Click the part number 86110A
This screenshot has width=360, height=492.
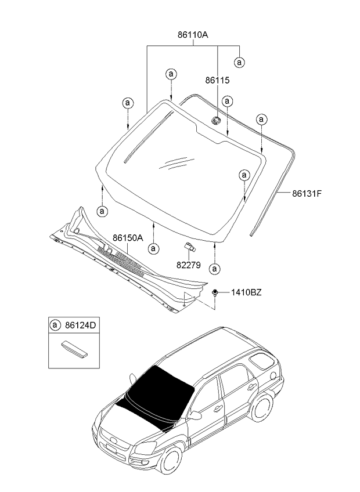pyautogui.click(x=193, y=35)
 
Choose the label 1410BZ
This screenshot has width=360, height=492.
pyautogui.click(x=246, y=292)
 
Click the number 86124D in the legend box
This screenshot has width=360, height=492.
pyautogui.click(x=81, y=326)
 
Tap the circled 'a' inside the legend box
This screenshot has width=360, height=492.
pyautogui.click(x=56, y=326)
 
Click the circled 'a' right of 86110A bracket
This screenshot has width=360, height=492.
pyautogui.click(x=239, y=62)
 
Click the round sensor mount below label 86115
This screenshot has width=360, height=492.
pyautogui.click(x=215, y=121)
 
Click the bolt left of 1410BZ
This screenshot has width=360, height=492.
pyautogui.click(x=215, y=292)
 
